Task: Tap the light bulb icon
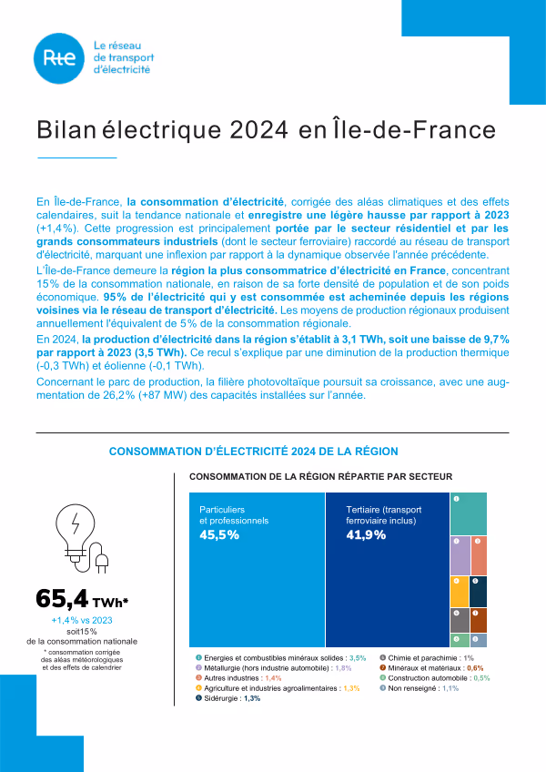81,536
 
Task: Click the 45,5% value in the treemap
219,535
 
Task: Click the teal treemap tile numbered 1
468,513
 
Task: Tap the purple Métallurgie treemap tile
460,555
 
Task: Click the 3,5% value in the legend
357,657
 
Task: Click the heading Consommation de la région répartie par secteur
320,476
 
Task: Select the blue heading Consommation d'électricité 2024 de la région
253,452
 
